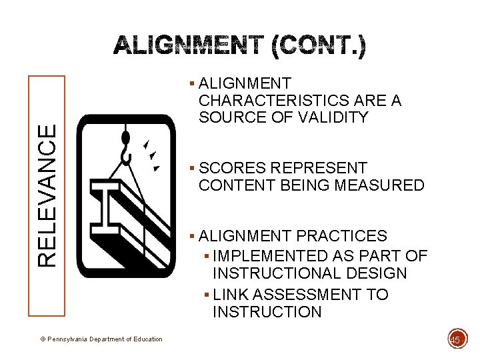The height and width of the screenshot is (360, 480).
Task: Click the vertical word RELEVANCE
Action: [46, 196]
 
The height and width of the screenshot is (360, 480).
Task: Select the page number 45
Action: [455, 340]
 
